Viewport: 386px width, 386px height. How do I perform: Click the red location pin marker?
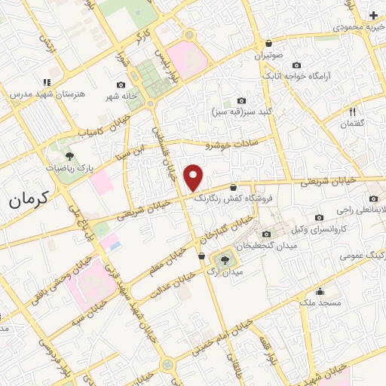pyautogui.click(x=194, y=176)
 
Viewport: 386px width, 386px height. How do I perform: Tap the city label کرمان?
pyautogui.click(x=28, y=200)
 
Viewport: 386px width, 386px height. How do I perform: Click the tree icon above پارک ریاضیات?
pyautogui.click(x=69, y=156)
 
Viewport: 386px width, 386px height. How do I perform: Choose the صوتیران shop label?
pyautogui.click(x=268, y=56)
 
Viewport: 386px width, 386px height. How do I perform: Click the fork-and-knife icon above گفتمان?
pyautogui.click(x=353, y=112)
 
